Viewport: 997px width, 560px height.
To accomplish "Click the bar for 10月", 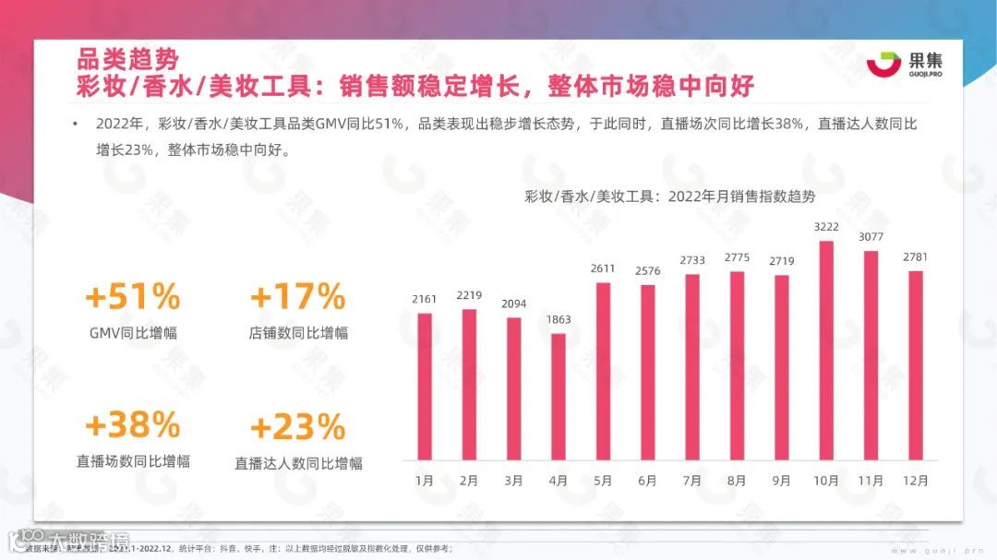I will point(826,351).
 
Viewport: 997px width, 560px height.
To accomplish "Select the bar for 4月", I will point(559,397).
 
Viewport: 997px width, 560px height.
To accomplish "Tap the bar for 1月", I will point(425,387).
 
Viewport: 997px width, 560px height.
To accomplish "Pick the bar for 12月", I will point(916,365).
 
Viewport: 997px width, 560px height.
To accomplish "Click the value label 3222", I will point(826,227).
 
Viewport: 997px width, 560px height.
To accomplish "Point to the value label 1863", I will point(559,319).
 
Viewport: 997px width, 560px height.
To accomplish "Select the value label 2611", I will point(603,268).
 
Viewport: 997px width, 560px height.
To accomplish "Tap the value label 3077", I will point(871,237).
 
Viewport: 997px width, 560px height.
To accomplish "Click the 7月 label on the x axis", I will point(692,481).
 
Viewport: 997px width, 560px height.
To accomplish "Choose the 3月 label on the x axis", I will point(513,481).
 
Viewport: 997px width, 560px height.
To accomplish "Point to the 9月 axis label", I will point(782,481).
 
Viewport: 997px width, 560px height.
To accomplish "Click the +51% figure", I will point(132,296).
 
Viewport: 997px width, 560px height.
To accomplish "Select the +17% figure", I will point(297,296).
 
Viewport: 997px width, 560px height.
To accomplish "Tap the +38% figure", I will point(132,424).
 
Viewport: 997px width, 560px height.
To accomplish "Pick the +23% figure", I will point(297,427).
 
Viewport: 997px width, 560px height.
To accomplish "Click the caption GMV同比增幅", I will point(132,333).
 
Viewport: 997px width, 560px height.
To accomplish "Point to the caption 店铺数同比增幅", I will point(297,333).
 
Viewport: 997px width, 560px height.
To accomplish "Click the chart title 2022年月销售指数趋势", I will point(669,196).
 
